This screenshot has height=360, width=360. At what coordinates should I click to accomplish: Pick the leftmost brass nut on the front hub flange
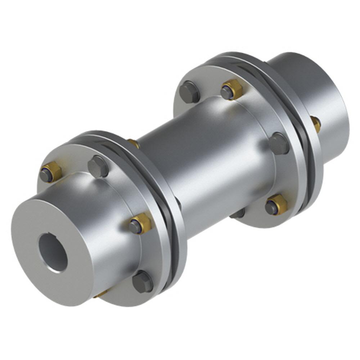tap(50, 173)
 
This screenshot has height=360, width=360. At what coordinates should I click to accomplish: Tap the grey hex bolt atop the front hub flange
tap(98, 166)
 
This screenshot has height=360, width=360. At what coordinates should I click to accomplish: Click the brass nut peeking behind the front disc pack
tap(134, 143)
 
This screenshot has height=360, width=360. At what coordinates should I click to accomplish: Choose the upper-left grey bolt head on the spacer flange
tap(189, 92)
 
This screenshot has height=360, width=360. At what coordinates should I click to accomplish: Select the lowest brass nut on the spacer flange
tap(276, 205)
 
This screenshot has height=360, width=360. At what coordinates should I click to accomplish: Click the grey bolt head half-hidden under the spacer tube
tap(237, 213)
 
